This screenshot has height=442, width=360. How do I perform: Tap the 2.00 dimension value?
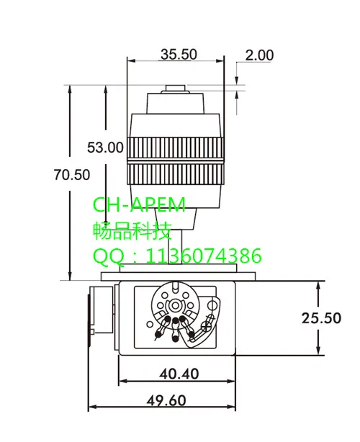point(259,55)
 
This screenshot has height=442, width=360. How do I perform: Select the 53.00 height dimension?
point(105,148)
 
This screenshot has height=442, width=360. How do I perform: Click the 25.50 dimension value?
point(321,317)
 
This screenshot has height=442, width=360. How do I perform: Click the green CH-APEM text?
point(139,206)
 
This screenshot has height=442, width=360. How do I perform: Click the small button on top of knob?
point(176,90)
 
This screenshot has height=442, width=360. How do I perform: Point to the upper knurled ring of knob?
point(175,148)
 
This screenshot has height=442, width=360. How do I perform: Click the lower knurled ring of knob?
point(175,173)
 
